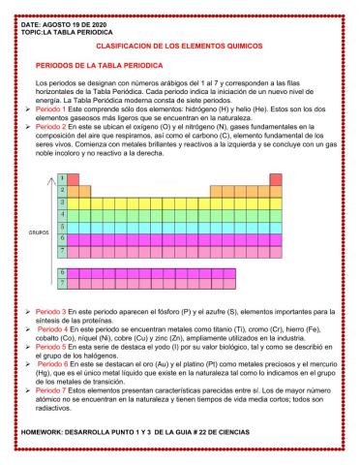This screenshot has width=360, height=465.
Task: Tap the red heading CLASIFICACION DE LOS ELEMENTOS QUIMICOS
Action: [x=181, y=45]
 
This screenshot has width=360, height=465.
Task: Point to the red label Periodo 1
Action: [x=49, y=111]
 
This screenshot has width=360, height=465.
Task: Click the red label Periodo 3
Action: [x=49, y=308]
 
